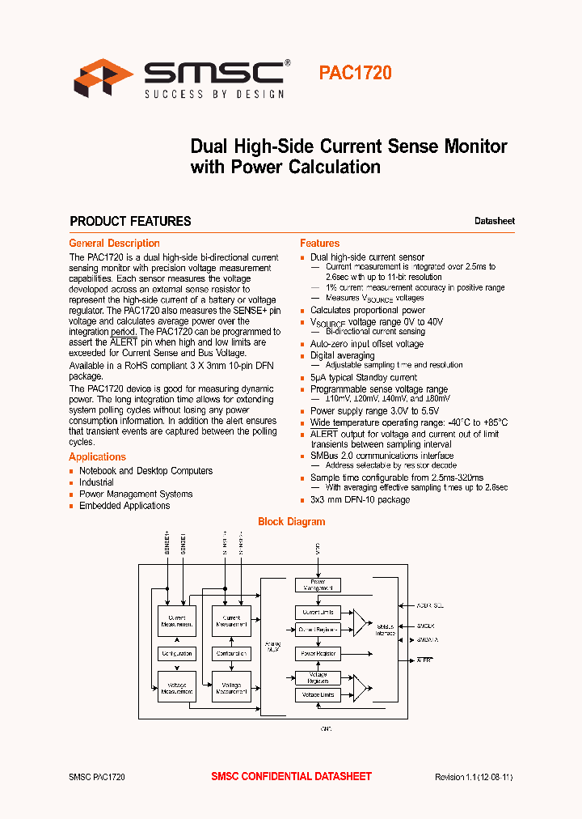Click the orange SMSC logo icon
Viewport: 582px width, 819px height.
pos(103,78)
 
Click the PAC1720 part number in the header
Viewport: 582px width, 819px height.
pos(355,73)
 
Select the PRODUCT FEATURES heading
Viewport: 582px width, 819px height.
pos(130,221)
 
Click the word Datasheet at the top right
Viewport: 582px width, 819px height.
pos(494,221)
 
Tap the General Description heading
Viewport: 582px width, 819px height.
pos(114,243)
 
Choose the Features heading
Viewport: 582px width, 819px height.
pos(319,243)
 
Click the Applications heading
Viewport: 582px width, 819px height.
pos(97,457)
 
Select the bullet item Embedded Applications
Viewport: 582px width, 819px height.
pos(124,506)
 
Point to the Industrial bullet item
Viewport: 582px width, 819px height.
pos(96,482)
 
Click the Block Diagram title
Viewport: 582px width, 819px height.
pos(291,522)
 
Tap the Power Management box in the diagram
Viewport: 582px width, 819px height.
pos(318,584)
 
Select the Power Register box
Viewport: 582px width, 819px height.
pos(318,653)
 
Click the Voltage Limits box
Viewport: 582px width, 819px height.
pos(318,694)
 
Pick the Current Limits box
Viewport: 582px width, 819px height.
pos(318,613)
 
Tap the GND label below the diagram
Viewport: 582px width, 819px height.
pos(326,729)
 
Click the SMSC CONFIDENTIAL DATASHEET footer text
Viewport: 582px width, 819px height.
pos(291,777)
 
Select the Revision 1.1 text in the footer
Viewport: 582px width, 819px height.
pos(474,777)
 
